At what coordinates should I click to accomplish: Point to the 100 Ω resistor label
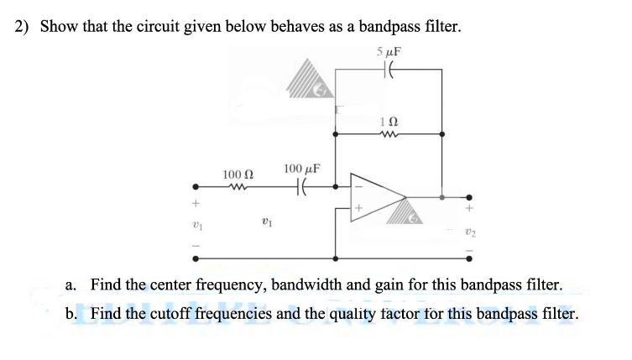pyautogui.click(x=238, y=174)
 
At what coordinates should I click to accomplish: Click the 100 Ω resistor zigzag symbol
pyautogui.click(x=238, y=187)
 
